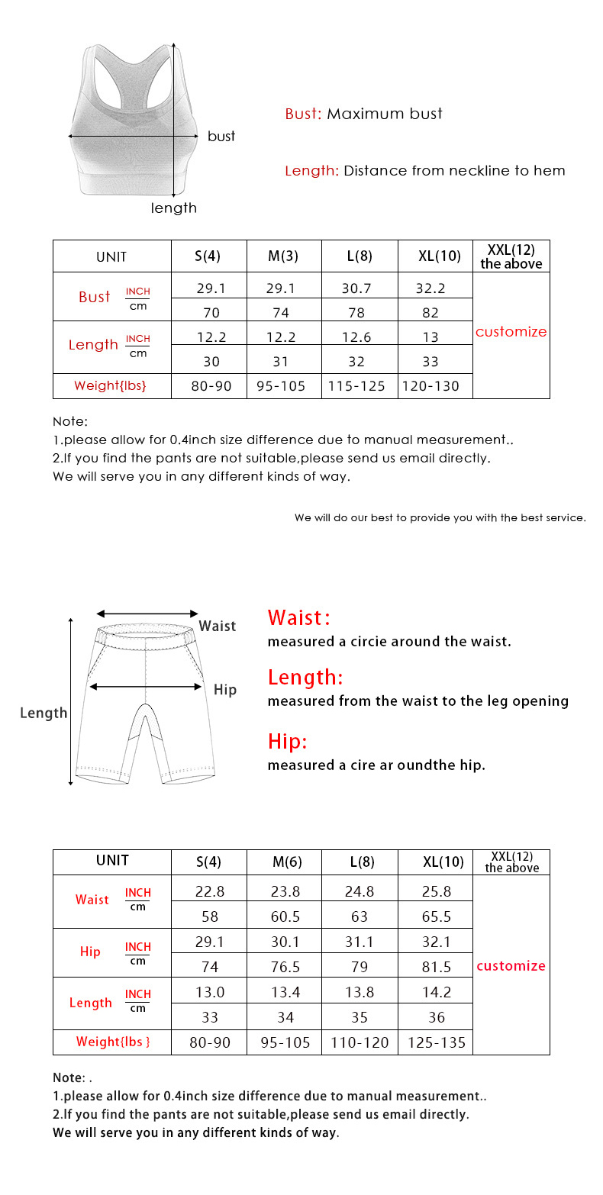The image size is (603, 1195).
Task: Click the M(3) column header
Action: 283,256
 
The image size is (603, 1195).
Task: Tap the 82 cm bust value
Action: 434,312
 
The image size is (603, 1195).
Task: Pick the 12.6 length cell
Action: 359,337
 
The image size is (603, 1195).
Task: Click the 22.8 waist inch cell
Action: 209,891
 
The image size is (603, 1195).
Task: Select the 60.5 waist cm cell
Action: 285,916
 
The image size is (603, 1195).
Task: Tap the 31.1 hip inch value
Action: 360,942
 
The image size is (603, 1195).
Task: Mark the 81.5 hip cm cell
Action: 437,967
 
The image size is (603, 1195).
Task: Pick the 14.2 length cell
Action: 437,992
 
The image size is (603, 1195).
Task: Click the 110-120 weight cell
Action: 360,1042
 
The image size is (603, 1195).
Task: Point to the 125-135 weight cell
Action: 437,1042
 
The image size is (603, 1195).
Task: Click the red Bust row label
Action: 95,297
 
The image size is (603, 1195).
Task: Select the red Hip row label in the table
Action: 90,952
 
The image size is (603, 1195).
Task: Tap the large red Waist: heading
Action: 298,617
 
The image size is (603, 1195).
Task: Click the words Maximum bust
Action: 385,114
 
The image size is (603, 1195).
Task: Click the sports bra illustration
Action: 128,122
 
